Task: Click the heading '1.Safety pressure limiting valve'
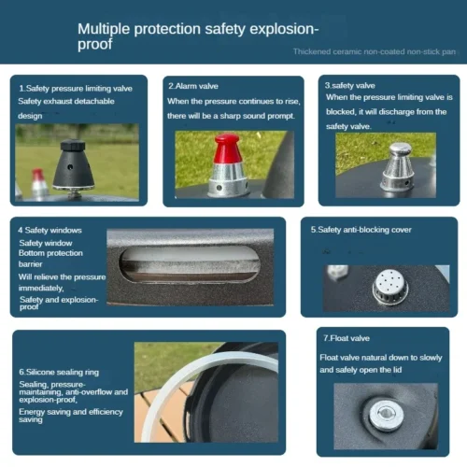[76, 89]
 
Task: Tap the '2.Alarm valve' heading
[193, 86]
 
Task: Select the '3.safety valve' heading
[350, 85]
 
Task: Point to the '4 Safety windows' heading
[50, 230]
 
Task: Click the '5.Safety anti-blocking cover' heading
[361, 230]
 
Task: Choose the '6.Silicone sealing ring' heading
[59, 372]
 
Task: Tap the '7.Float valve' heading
[347, 338]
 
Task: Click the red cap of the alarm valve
[228, 149]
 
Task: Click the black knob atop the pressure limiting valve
[73, 145]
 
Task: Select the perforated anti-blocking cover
[390, 287]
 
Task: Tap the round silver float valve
[386, 416]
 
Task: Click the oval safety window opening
[189, 264]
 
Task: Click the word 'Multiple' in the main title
[104, 29]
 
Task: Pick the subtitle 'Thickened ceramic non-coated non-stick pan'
[375, 51]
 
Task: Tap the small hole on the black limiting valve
[70, 167]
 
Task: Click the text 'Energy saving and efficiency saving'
[71, 416]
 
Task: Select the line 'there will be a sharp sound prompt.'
[231, 116]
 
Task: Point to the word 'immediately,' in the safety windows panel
[41, 289]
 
